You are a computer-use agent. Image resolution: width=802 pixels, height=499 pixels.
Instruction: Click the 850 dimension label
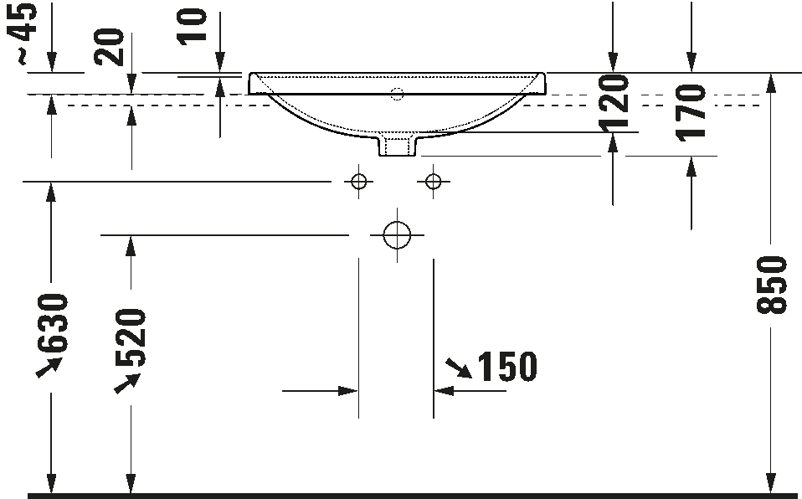tap(772, 285)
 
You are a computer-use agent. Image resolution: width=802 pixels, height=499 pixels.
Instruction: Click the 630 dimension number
tap(53, 323)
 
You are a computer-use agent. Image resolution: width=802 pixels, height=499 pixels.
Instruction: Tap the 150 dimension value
tap(506, 367)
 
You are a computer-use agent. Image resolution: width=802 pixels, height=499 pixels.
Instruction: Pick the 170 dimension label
tap(691, 112)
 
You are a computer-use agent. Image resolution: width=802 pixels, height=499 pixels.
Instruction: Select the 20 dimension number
tap(110, 49)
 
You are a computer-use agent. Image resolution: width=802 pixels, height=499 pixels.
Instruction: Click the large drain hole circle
tap(397, 235)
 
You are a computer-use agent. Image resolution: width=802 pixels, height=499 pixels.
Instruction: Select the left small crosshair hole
tap(359, 181)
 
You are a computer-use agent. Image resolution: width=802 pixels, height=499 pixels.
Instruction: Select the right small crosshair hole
tap(433, 181)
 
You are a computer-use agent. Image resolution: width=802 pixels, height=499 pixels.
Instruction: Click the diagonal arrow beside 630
tap(49, 367)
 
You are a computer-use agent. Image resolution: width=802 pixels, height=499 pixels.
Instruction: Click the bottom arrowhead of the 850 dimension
tap(770, 483)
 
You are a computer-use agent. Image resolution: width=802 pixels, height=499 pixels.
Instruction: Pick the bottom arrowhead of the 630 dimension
tap(52, 483)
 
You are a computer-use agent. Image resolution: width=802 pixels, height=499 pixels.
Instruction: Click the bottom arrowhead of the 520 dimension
tap(131, 483)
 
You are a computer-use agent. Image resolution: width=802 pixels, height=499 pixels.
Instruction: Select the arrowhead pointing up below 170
tap(691, 167)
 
